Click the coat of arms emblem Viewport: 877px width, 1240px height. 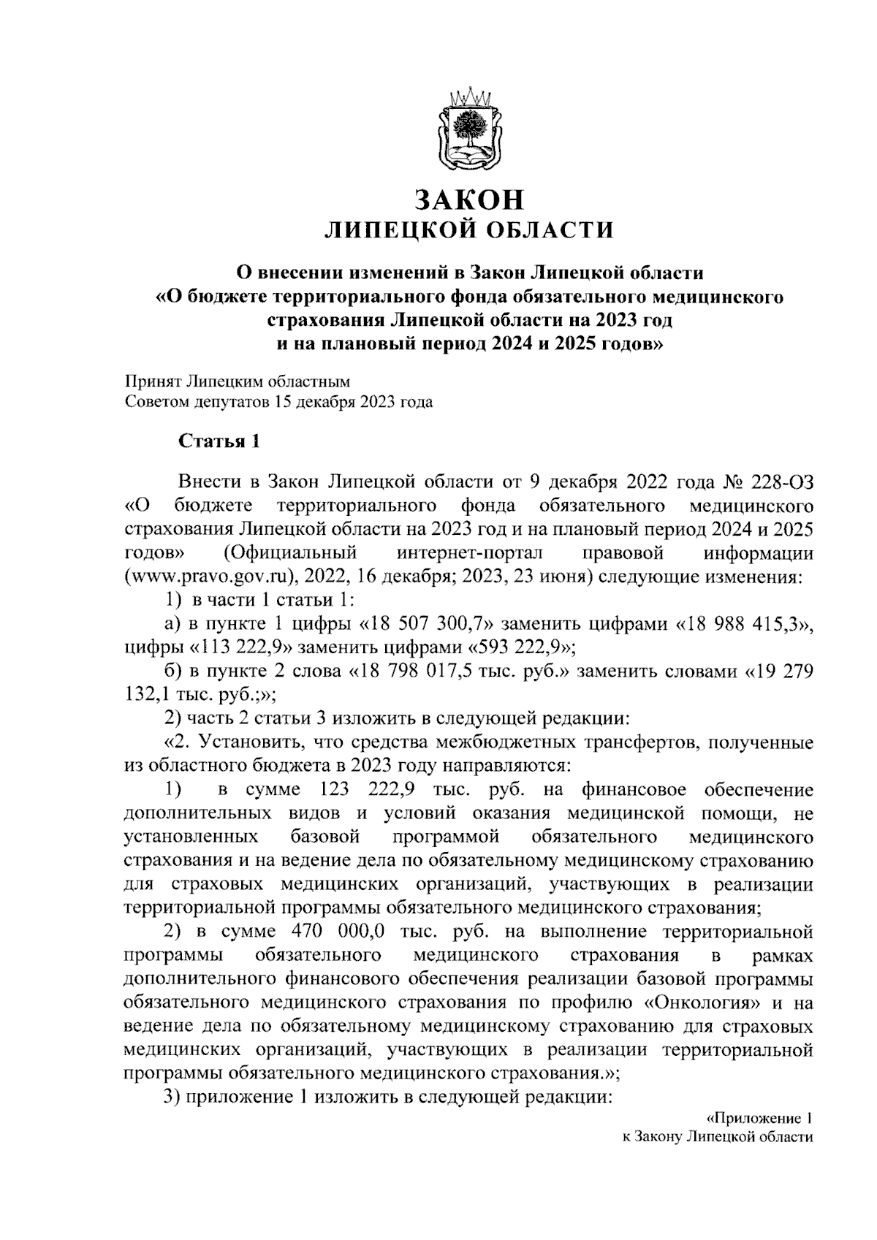(x=469, y=129)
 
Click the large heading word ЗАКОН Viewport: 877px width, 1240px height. (x=468, y=199)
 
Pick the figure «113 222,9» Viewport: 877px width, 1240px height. (x=241, y=647)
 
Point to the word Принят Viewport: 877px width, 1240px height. (x=152, y=381)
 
